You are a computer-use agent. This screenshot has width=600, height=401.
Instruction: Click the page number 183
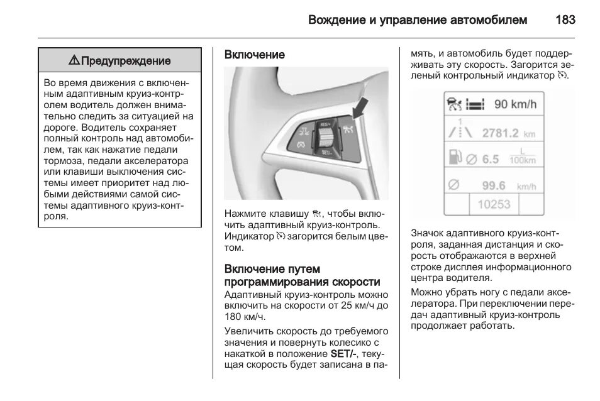565,19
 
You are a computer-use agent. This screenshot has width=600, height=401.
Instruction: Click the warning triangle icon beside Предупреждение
74,61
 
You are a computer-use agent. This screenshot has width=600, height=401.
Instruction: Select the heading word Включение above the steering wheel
255,55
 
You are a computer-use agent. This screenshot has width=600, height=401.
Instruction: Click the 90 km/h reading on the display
515,104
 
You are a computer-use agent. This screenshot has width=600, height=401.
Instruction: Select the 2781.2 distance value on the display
500,133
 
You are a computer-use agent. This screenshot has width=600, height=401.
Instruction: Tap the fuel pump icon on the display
453,157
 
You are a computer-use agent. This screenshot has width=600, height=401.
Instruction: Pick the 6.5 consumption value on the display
490,159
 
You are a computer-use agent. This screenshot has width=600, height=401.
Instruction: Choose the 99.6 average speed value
493,185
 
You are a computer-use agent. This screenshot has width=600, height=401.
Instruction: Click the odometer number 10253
494,204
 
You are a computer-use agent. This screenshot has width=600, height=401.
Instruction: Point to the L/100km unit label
523,156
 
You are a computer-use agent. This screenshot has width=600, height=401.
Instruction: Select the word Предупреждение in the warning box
126,61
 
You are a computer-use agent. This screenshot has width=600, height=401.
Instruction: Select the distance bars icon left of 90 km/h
477,104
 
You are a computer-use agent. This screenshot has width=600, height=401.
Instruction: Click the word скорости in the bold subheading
353,282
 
